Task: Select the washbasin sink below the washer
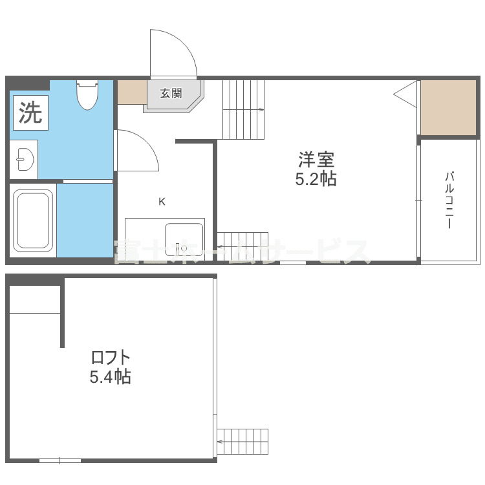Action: click(24, 158)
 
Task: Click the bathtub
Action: click(34, 221)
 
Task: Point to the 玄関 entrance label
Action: click(171, 93)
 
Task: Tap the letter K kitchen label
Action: click(162, 201)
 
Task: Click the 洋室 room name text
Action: click(316, 159)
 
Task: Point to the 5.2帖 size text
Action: click(316, 179)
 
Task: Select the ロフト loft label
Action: click(111, 357)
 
